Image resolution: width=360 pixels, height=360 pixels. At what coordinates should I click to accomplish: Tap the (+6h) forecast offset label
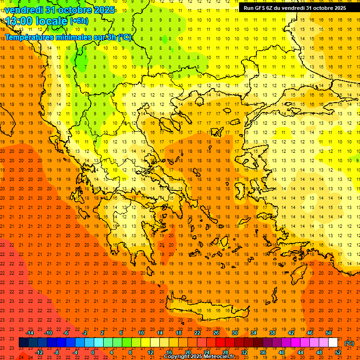pos(79,21)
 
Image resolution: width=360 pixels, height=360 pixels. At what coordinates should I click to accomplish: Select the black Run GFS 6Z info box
pos(295,7)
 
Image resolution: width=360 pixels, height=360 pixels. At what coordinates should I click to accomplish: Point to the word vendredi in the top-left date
pos(24,9)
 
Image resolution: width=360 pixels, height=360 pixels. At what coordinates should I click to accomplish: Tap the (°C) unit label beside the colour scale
pos(349,343)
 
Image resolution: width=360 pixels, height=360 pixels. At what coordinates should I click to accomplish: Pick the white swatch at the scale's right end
pos(333,343)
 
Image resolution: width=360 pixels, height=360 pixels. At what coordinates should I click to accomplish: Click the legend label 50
pos(328,333)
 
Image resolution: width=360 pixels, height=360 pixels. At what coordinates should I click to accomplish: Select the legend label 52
pos(337,352)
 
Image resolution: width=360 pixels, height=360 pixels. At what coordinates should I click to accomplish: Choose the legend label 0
pos(93,352)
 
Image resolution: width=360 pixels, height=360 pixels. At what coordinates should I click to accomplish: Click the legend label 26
pos(216,333)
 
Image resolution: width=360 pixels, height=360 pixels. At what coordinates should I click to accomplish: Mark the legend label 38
pos(272,333)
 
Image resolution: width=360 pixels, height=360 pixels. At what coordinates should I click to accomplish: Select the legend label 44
pos(300,352)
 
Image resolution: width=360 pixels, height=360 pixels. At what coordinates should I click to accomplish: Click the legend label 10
pos(141,333)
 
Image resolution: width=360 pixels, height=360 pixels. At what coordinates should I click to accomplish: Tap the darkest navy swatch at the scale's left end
pos(23,343)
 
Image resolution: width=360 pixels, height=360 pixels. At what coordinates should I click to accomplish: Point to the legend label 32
pos(244,352)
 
